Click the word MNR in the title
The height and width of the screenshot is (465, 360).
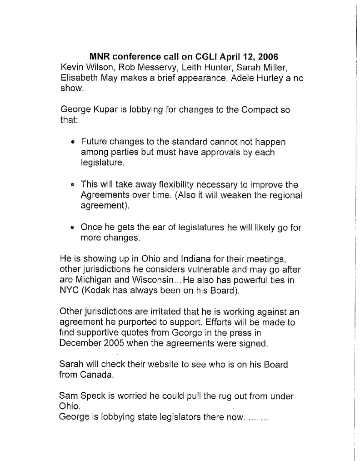pyautogui.click(x=100, y=57)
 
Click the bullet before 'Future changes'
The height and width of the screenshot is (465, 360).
pyautogui.click(x=73, y=143)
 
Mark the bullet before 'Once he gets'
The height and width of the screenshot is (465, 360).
pyautogui.click(x=73, y=228)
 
